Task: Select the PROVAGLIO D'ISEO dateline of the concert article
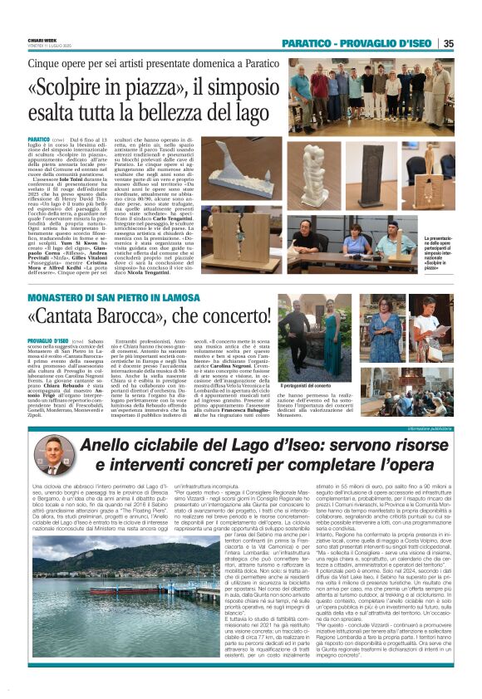70,340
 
